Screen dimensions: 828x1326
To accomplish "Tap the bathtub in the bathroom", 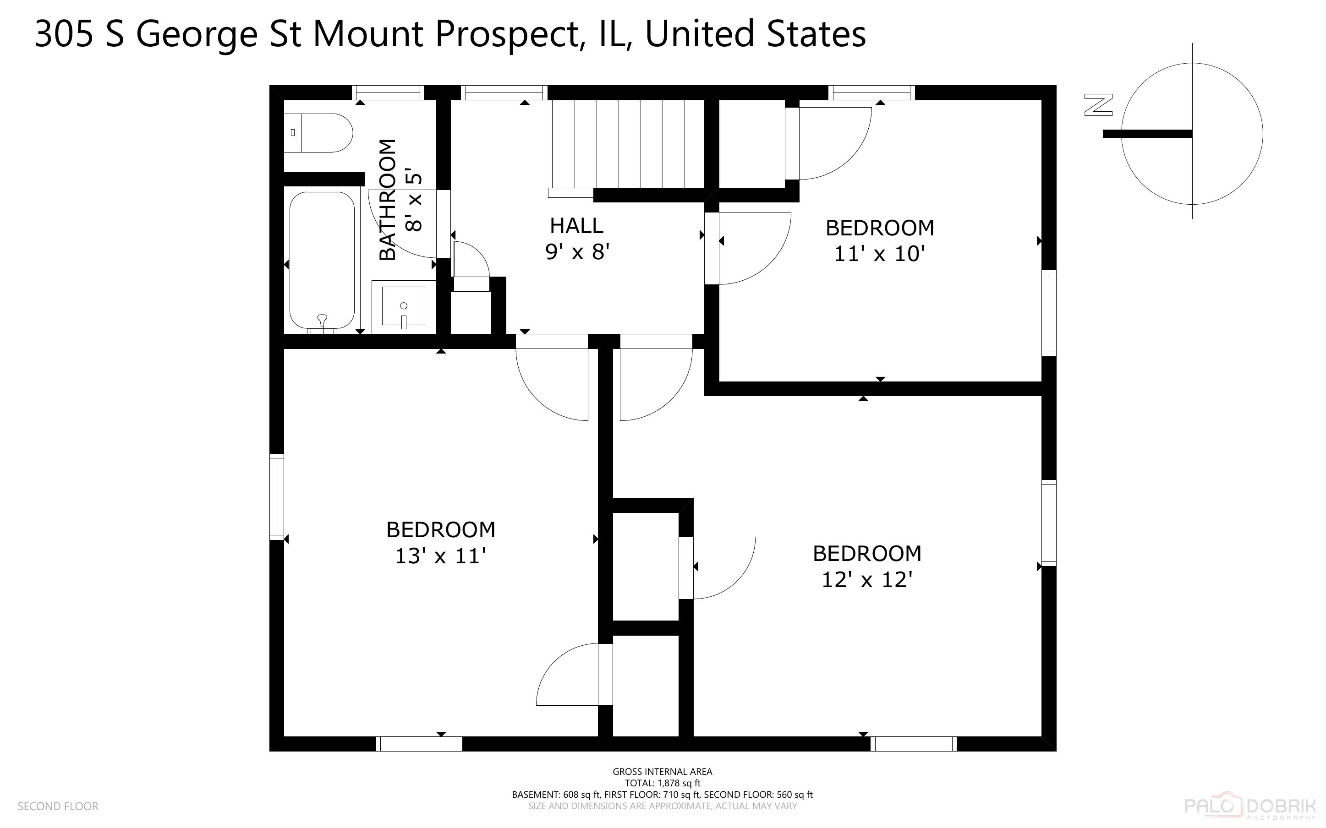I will click(x=322, y=260).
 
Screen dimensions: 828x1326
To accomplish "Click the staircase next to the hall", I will click(x=628, y=143).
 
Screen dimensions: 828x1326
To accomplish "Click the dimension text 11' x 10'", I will click(x=879, y=254).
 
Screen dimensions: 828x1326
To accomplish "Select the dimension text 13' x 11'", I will click(x=440, y=556).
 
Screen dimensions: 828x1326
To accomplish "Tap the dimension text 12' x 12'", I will click(x=866, y=580).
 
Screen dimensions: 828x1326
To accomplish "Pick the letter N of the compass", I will click(x=1098, y=105).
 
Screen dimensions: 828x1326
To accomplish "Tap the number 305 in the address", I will click(x=65, y=34).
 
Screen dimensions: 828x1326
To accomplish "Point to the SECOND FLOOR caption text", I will click(x=58, y=806).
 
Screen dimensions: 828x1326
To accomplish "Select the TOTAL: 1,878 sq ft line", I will click(x=662, y=783).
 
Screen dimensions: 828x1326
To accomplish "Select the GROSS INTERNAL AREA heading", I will click(x=662, y=772).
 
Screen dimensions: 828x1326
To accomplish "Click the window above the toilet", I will click(x=388, y=93).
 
